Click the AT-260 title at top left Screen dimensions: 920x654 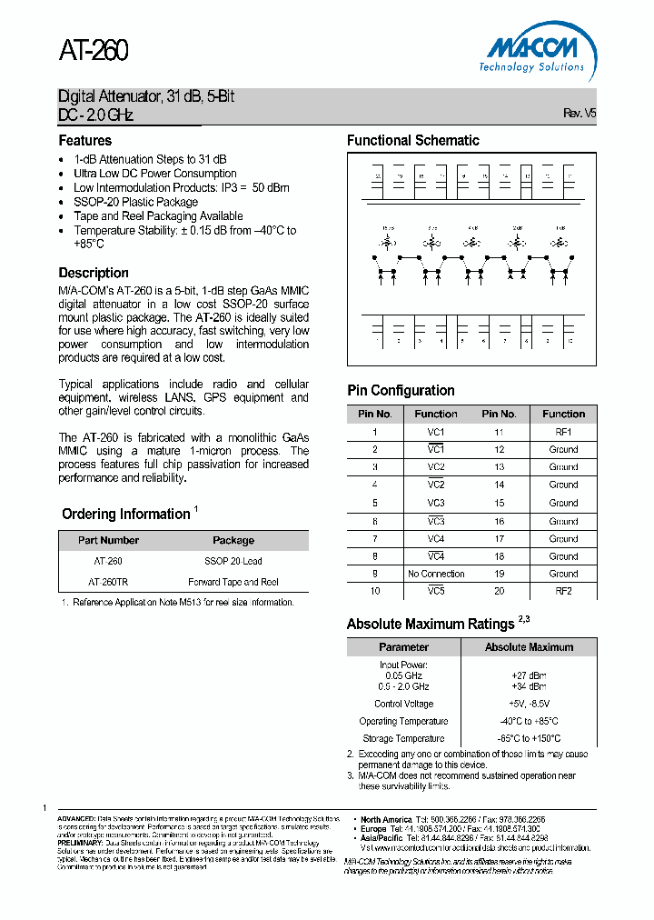[94, 51]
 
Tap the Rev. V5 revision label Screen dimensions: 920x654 [580, 114]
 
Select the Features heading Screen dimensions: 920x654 [85, 141]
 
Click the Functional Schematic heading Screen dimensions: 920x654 [412, 141]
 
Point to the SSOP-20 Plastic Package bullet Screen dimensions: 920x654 [135, 202]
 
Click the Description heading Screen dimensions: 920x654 [94, 273]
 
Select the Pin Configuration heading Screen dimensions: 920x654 [401, 391]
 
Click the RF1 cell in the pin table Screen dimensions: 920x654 [563, 432]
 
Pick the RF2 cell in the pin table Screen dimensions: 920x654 [563, 591]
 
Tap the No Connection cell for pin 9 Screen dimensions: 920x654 [436, 574]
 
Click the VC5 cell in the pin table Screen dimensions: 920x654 [436, 591]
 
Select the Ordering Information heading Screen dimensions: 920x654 [125, 515]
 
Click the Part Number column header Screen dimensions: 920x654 [108, 540]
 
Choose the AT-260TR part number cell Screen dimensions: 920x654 [108, 582]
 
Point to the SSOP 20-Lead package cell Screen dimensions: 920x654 [233, 561]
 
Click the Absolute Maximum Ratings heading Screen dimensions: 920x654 [431, 625]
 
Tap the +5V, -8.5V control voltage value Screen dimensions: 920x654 [529, 704]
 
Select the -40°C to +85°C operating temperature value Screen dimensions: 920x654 [529, 721]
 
